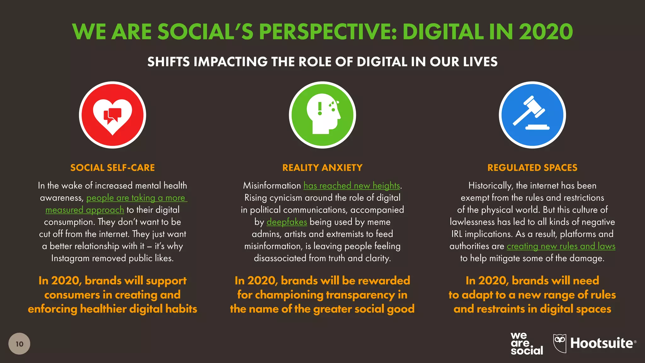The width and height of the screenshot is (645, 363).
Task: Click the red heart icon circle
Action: click(112, 115)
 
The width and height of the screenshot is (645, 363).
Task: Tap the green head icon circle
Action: click(322, 115)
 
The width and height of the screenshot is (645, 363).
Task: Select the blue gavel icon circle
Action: click(532, 115)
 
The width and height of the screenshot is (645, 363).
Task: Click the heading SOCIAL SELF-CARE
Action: click(112, 168)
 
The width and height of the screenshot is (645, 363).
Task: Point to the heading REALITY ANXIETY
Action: click(322, 168)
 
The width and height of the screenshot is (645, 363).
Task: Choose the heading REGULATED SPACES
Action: click(532, 168)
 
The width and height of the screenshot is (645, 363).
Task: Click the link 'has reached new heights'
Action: click(351, 186)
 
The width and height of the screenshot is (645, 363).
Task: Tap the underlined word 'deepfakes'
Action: click(287, 222)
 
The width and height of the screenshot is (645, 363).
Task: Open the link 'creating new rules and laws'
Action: click(561, 246)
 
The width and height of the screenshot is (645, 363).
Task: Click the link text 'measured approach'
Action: click(85, 210)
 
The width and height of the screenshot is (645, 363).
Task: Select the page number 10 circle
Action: click(19, 344)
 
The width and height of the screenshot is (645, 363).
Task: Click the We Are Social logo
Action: click(527, 343)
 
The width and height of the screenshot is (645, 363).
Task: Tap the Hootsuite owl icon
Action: click(560, 343)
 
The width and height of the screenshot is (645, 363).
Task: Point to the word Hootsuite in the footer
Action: click(602, 343)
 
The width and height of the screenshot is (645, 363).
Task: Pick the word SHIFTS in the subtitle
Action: click(168, 62)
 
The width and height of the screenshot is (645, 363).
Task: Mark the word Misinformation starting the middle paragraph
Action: click(272, 186)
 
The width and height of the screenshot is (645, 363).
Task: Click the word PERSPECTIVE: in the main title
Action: click(328, 32)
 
